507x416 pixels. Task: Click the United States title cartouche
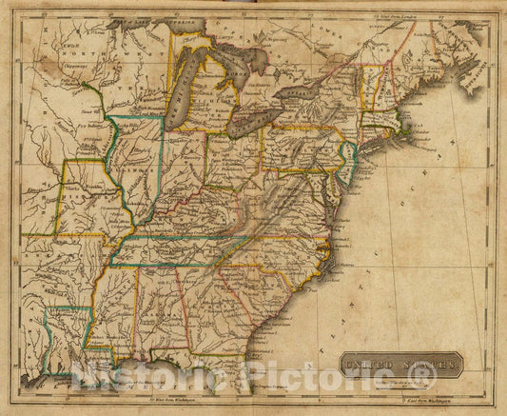[404, 362]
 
